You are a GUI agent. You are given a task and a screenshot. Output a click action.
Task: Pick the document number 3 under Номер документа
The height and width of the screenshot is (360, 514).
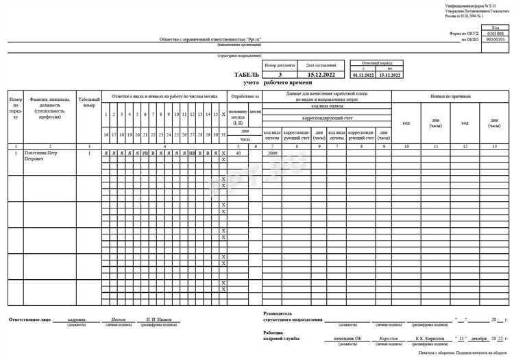point(280,73)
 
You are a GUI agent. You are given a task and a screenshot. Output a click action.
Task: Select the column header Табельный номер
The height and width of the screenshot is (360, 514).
point(89,103)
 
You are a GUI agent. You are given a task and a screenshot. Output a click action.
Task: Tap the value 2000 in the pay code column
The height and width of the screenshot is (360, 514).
point(272,153)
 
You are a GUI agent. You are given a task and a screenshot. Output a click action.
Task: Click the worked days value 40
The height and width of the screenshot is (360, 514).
point(237,153)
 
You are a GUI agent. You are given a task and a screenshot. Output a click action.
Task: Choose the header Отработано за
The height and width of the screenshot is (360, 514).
point(245,97)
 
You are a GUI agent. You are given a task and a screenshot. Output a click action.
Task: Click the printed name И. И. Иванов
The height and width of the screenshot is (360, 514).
point(158,320)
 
